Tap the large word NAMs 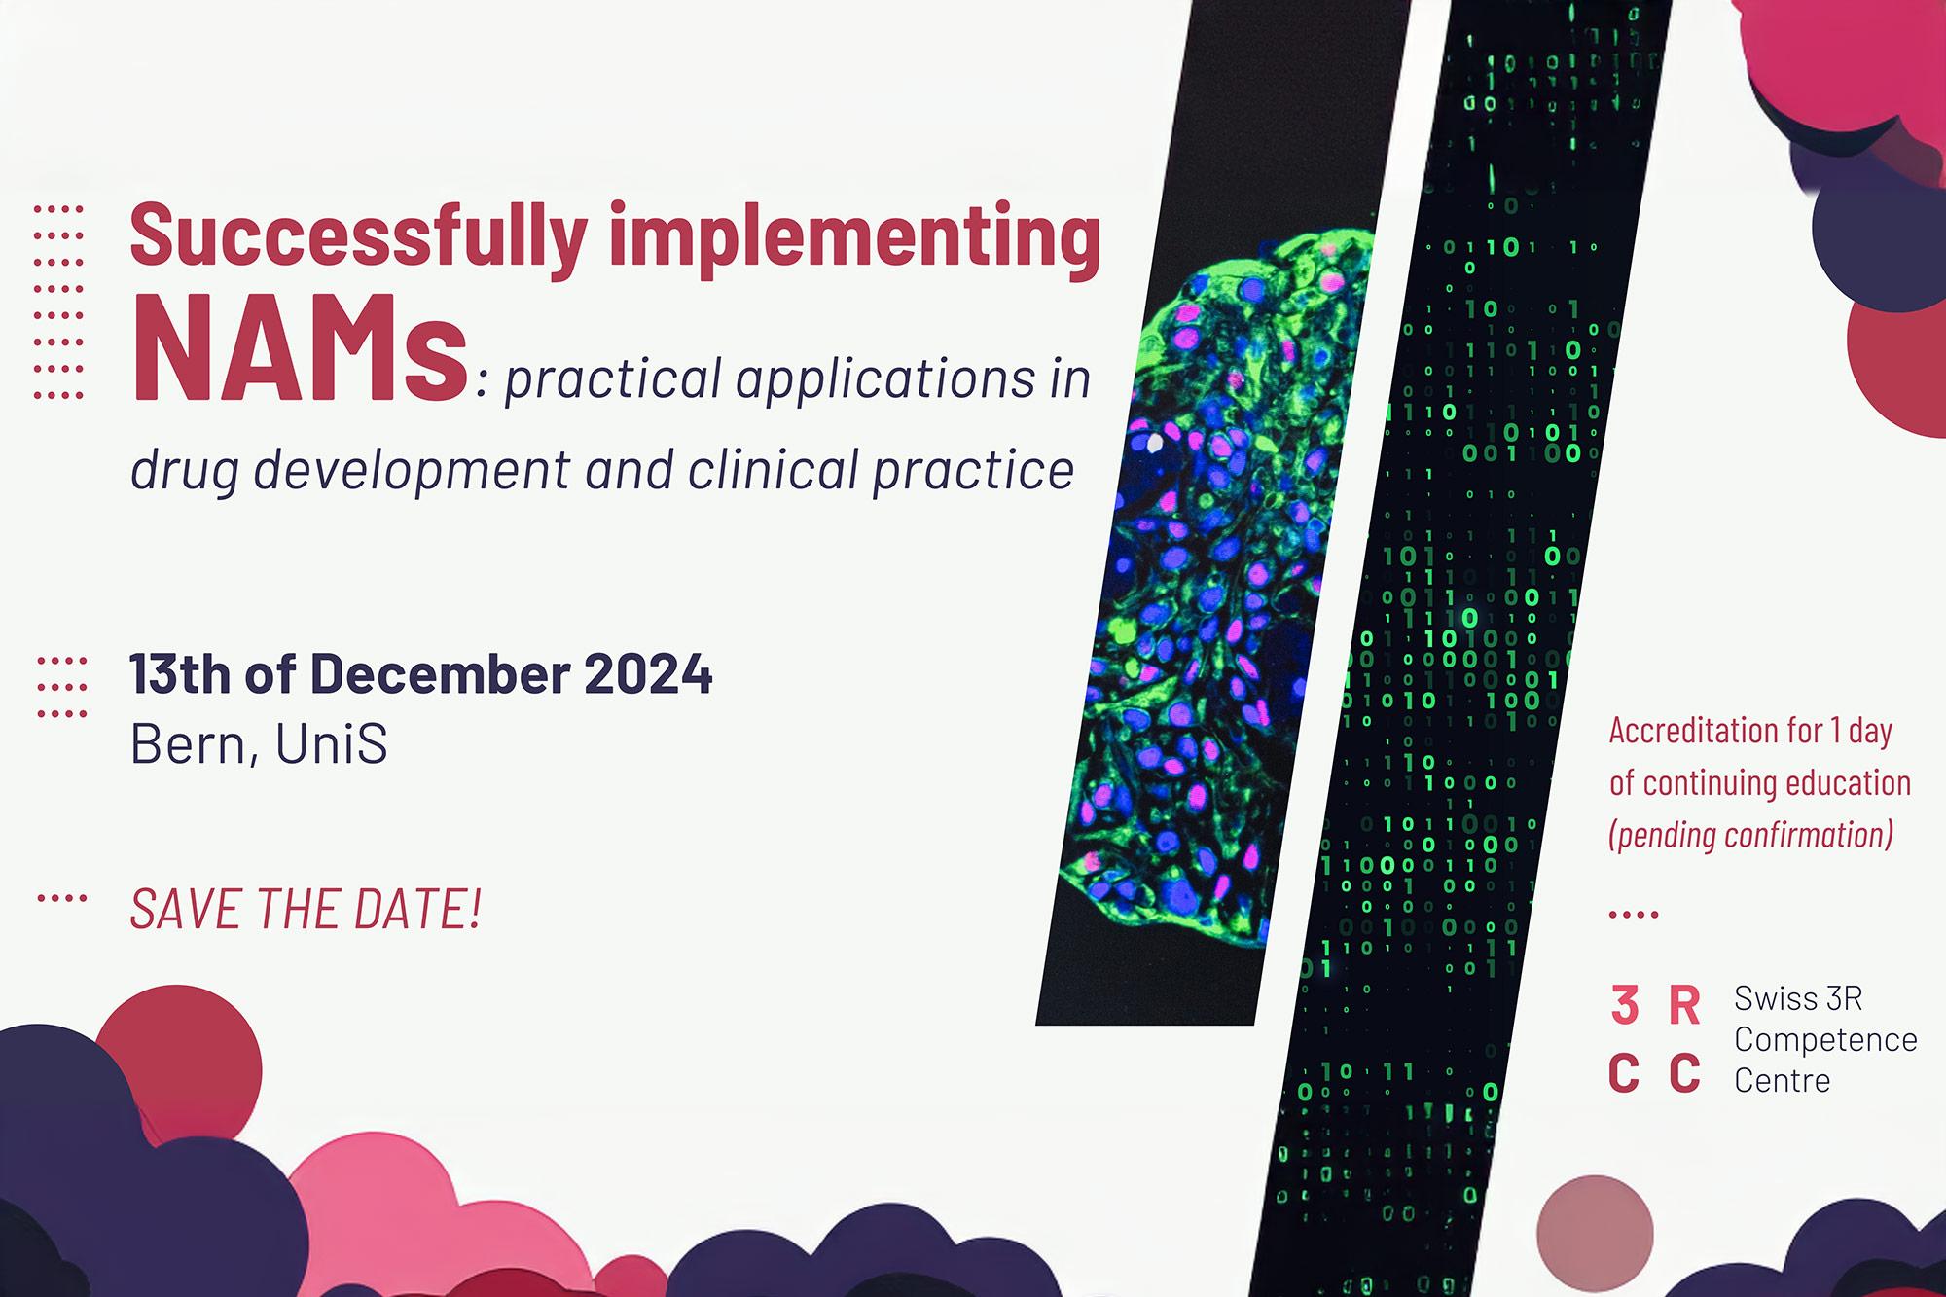(300, 348)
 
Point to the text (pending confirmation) (1751, 835)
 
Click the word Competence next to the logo (1824, 1039)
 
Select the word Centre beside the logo (1782, 1080)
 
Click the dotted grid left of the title (58, 303)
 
